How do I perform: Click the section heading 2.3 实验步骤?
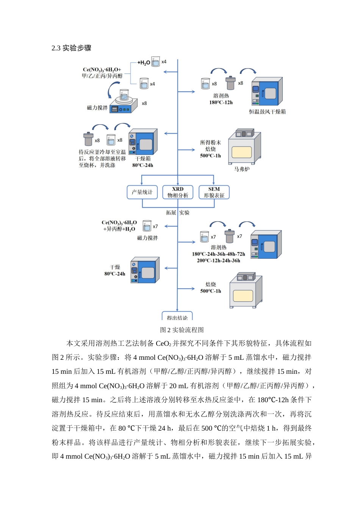pos(71,48)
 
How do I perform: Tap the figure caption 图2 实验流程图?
pos(182,329)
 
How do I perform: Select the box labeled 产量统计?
pos(142,192)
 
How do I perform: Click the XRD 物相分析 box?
pos(178,192)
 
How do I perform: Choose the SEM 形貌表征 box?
pos(214,192)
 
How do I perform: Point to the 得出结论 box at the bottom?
pos(177,317)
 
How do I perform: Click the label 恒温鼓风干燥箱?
pos(267,112)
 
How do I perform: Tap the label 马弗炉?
pos(242,169)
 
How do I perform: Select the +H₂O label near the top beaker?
pos(144,62)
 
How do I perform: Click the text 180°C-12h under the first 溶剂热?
pos(221,102)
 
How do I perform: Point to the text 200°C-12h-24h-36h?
pos(218,261)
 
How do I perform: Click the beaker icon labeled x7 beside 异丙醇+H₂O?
pos(147,226)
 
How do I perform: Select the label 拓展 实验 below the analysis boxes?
pos(178,213)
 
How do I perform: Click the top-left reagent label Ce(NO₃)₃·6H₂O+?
pos(102,70)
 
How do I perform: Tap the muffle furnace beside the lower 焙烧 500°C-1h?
pos(246,290)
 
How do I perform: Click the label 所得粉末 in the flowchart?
pos(210,143)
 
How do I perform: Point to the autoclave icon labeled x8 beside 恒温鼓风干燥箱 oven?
pos(230,83)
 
